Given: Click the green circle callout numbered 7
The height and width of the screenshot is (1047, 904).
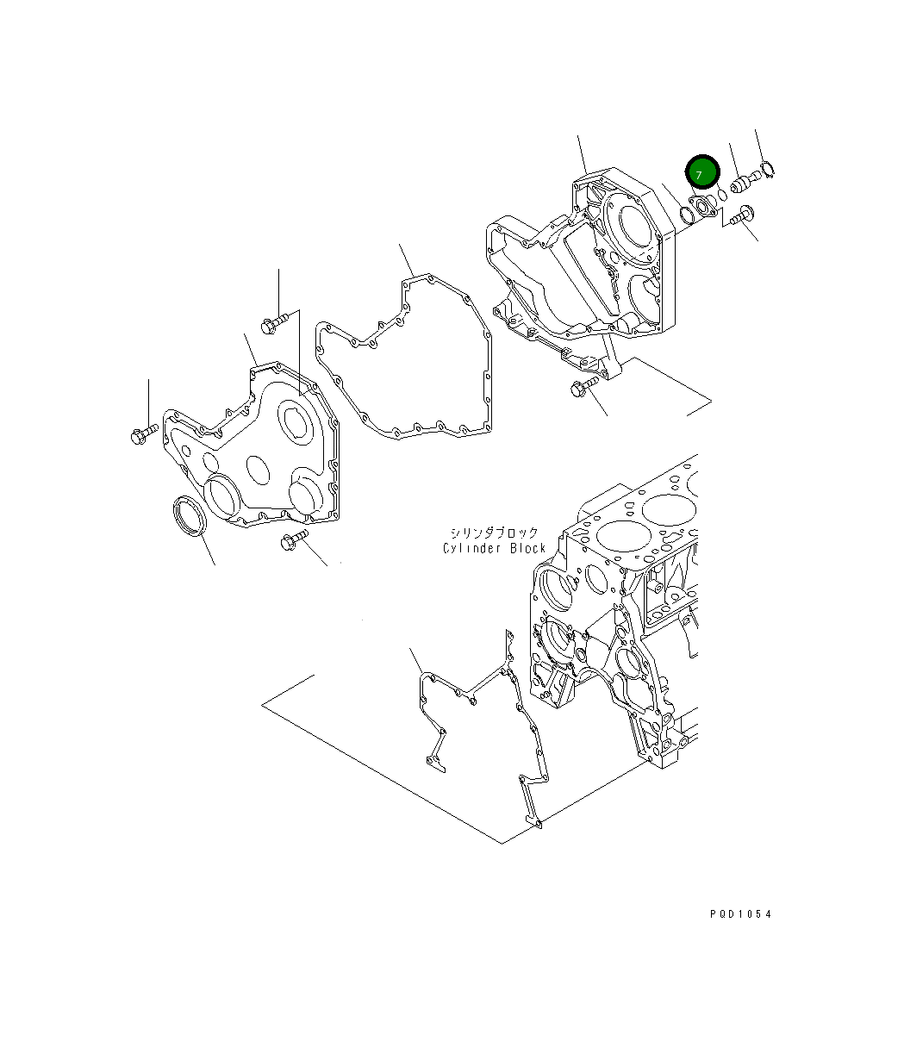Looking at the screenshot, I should point(701,173).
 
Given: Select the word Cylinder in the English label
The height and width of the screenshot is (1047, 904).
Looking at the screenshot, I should point(473,549).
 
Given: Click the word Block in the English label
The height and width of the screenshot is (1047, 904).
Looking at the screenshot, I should point(527,549).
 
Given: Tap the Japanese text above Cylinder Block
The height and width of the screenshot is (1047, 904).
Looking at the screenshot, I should point(493,533).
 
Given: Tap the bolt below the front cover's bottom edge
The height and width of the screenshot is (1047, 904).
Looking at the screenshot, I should point(294,542).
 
